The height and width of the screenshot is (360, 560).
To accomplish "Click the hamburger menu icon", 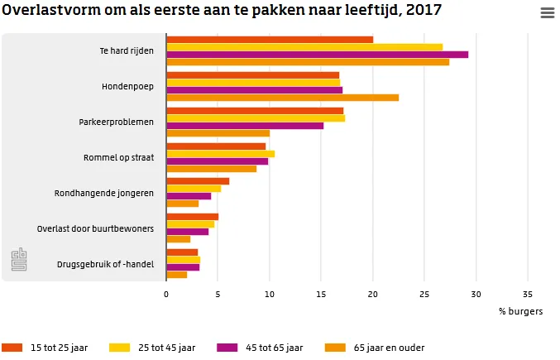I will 547,12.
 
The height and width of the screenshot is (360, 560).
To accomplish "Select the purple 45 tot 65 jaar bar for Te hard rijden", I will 317,55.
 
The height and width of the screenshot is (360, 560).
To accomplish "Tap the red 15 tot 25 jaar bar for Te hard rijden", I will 270,40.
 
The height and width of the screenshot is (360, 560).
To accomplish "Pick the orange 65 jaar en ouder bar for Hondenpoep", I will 282,98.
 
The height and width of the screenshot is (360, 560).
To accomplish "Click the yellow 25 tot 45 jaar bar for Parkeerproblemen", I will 256,118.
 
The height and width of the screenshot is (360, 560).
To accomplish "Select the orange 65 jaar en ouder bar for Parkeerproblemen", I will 218,133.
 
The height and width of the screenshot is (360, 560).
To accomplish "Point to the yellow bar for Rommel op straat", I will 220,154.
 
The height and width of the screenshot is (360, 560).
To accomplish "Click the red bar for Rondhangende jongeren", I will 198,181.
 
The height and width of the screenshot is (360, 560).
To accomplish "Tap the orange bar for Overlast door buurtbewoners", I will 178,239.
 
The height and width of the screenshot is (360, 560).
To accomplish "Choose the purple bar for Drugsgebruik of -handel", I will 183,267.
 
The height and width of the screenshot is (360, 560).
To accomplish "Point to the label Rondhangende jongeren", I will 104,193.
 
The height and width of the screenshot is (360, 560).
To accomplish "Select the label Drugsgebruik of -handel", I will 105,264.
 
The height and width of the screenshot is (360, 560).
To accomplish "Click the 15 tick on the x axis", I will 321,294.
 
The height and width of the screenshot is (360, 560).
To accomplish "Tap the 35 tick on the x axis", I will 528,294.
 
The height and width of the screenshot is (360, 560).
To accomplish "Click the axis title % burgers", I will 520,311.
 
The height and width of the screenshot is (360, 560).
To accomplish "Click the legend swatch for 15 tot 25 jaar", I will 12,348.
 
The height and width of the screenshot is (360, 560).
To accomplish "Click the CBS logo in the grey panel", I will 18,260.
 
